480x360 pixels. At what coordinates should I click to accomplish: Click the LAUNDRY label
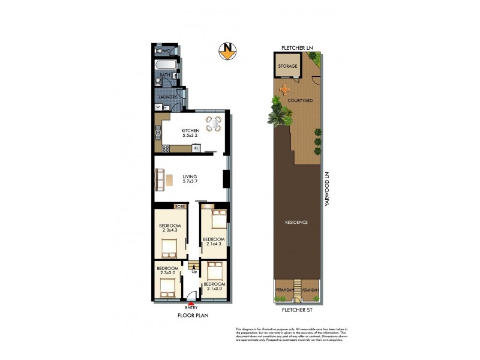point(166,97)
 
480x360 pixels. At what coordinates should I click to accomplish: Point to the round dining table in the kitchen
point(213,124)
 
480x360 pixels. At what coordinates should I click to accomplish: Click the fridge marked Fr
point(196,147)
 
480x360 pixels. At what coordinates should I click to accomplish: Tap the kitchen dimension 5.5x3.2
point(190,136)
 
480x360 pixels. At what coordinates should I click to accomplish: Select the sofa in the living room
point(160,178)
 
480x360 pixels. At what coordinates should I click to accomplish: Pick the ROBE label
point(179,206)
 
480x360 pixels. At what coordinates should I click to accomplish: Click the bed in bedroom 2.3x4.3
point(169,246)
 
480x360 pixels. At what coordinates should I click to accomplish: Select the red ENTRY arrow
point(191,304)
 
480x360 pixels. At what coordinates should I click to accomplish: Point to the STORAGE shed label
point(287,66)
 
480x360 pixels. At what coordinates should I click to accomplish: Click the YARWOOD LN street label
point(328,190)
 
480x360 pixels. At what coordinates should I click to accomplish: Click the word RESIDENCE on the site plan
point(296,222)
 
